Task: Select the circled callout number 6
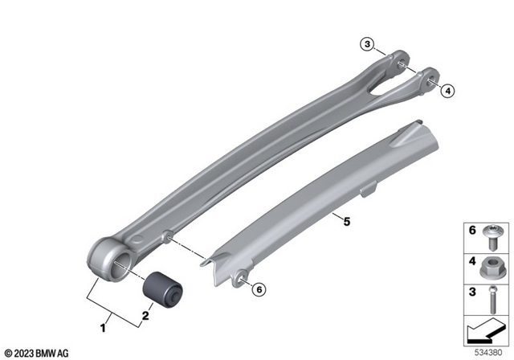coord(258,288)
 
